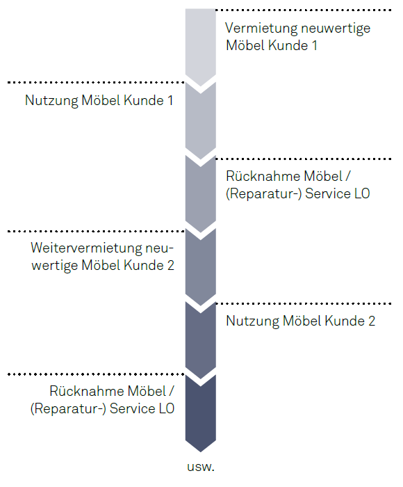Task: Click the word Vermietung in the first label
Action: click(261, 29)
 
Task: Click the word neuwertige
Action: click(336, 29)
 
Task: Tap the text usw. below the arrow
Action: click(201, 467)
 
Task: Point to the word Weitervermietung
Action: click(86, 248)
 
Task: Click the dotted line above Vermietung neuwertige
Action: click(304, 10)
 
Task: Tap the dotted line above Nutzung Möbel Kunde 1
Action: click(96, 83)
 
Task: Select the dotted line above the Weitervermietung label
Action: click(96, 232)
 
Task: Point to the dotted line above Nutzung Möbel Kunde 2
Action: click(304, 303)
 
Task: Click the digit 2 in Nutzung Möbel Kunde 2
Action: click(372, 321)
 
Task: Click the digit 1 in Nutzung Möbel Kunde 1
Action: click(170, 101)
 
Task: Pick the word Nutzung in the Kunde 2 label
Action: click(252, 321)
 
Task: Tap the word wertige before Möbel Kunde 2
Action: click(55, 266)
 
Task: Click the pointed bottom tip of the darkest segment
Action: click(201, 452)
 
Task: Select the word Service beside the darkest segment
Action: click(132, 409)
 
